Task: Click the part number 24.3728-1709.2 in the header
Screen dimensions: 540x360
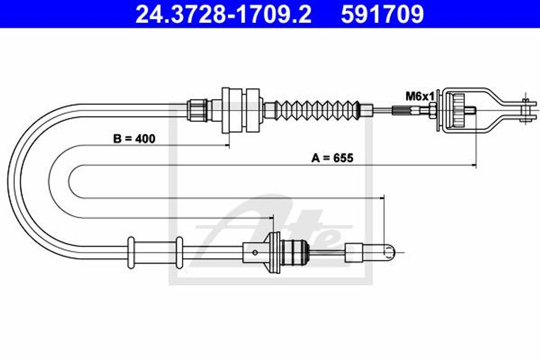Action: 224,14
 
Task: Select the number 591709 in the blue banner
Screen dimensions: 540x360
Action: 382,14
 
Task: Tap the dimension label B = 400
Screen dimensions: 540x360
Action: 134,139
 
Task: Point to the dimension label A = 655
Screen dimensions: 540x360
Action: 332,158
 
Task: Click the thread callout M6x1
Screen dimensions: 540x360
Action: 420,96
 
